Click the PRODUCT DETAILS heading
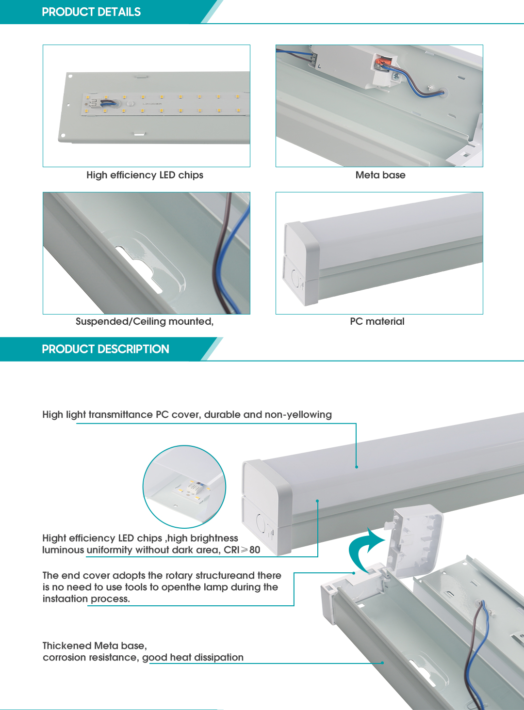tap(91, 12)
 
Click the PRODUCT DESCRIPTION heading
tap(105, 349)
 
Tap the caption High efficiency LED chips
tap(145, 175)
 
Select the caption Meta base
tap(380, 175)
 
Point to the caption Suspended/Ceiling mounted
tap(144, 321)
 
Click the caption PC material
tap(377, 321)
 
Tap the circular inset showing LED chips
tap(184, 486)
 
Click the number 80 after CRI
tap(255, 550)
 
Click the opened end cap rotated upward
tap(415, 540)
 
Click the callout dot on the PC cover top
tap(357, 467)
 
